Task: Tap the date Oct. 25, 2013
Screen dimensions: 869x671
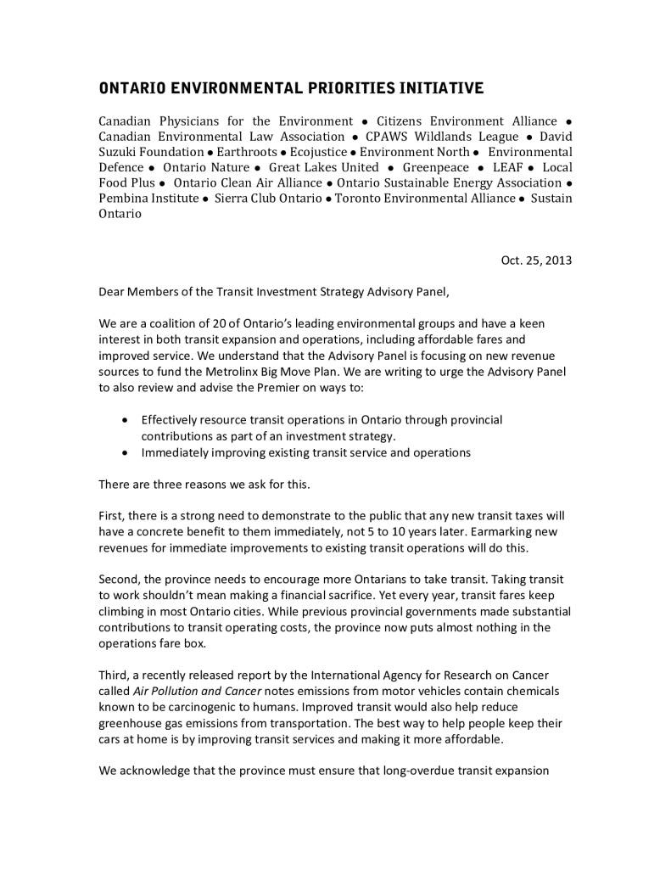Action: (x=536, y=261)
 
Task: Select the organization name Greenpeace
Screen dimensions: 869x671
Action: (x=435, y=167)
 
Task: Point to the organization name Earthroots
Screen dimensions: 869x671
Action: (x=242, y=152)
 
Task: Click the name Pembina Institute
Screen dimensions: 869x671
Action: (x=148, y=198)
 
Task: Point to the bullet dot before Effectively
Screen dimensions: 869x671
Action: (x=126, y=420)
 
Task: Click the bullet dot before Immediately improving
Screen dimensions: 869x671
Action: (x=126, y=452)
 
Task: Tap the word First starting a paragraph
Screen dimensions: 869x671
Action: (x=113, y=516)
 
